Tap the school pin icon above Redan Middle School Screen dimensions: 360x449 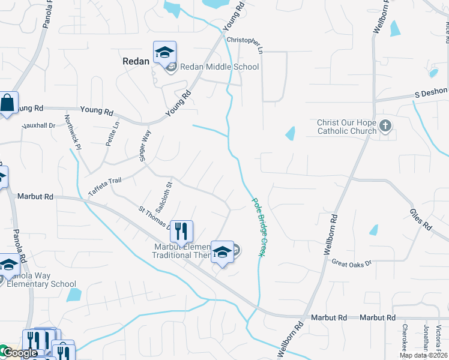[164, 53]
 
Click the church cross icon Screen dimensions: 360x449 [385, 127]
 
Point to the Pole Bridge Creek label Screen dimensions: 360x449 [258, 229]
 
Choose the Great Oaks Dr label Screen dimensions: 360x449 [352, 263]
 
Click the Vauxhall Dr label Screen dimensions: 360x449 [38, 126]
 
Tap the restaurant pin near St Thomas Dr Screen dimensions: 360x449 [181, 232]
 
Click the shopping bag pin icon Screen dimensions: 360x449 [7, 103]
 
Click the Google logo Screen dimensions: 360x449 [19, 353]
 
